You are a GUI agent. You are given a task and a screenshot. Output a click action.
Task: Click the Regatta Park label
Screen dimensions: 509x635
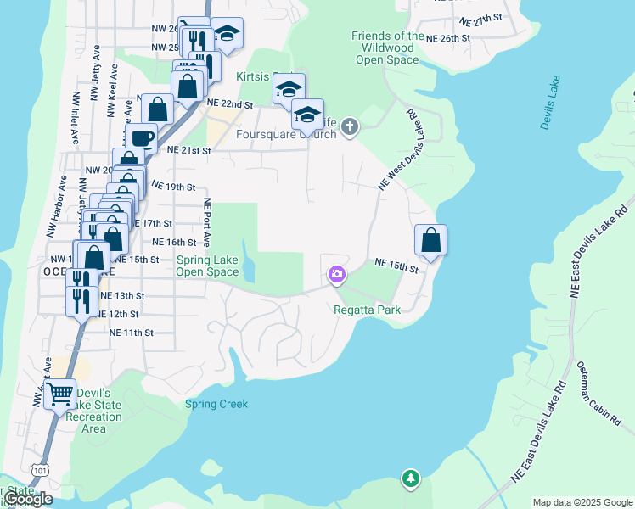tap(367, 310)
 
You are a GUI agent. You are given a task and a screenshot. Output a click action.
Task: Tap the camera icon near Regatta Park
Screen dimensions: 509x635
tap(337, 273)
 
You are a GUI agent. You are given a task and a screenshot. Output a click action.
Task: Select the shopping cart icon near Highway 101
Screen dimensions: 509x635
tap(59, 394)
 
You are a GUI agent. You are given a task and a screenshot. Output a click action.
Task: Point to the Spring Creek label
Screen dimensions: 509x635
tap(216, 404)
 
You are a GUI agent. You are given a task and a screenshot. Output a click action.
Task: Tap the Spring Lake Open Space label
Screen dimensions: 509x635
tap(207, 266)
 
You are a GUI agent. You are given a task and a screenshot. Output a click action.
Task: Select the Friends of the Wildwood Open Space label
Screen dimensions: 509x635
tap(387, 48)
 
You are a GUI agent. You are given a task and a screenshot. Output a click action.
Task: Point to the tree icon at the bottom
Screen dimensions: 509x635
tap(411, 479)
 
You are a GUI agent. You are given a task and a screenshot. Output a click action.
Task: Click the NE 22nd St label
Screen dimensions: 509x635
tap(231, 104)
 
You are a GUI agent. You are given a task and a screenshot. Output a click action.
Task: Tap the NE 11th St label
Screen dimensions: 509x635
tap(131, 333)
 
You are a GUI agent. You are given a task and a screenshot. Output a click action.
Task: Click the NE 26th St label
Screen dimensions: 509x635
tap(448, 38)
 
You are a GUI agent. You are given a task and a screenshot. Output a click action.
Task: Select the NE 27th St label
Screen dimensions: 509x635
tap(480, 17)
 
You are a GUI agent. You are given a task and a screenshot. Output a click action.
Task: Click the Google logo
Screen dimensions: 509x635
tap(28, 499)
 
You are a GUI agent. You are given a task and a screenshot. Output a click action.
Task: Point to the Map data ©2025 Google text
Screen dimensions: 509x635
tap(582, 502)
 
